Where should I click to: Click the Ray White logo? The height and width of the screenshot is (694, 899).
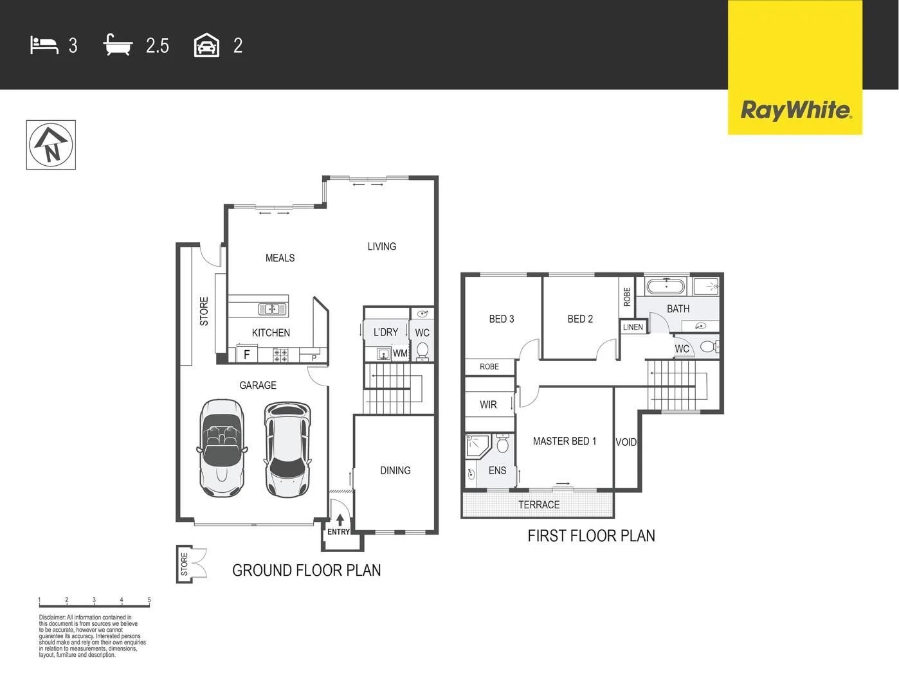click(795, 110)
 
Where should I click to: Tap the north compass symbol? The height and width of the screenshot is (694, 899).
click(51, 145)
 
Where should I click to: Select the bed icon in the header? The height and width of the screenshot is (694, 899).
click(44, 46)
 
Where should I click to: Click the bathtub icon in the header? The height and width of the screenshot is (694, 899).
click(118, 46)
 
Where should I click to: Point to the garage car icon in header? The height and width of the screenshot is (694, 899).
click(206, 46)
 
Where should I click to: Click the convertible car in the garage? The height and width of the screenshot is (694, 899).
click(222, 448)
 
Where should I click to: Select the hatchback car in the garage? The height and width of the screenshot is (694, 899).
click(287, 449)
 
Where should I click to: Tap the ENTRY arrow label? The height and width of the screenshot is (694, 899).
click(339, 524)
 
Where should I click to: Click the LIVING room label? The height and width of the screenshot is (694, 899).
click(381, 247)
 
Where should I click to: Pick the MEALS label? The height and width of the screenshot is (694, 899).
click(280, 258)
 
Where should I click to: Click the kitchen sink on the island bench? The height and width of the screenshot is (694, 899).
click(272, 309)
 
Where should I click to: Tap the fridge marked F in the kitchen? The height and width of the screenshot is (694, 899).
click(246, 354)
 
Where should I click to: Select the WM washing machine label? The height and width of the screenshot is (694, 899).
click(400, 353)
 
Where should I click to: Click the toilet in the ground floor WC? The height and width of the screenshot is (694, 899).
click(422, 351)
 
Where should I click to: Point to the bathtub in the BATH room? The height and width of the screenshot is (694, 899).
click(666, 286)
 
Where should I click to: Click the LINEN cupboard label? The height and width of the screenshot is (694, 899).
click(633, 327)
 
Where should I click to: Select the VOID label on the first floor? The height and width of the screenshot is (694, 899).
click(626, 442)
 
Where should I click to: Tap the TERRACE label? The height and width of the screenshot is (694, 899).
click(539, 505)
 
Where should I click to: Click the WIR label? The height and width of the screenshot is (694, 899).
click(488, 405)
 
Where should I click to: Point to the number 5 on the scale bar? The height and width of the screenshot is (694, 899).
click(149, 600)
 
